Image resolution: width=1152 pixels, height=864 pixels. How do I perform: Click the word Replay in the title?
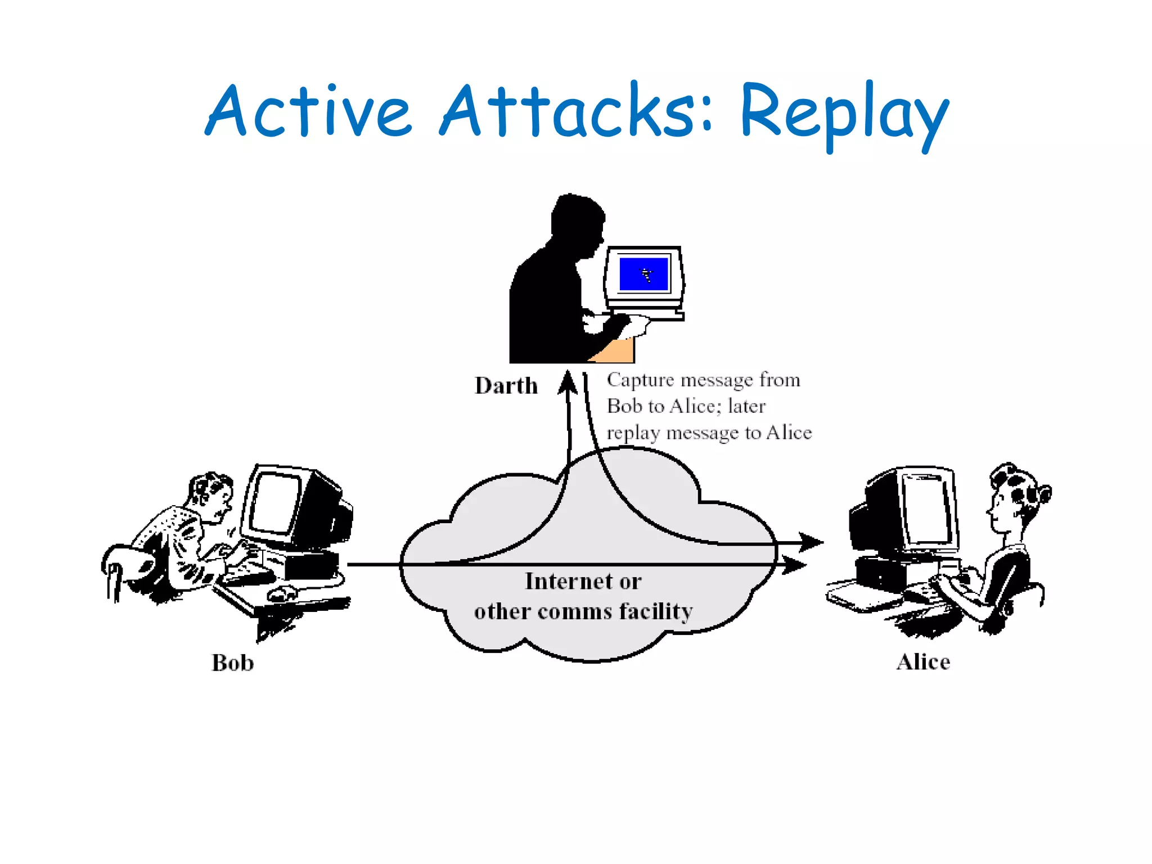844,112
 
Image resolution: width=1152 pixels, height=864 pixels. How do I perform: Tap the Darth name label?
506,386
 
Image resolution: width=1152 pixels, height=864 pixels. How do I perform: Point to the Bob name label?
232,663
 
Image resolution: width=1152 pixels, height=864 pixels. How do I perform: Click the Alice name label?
923,661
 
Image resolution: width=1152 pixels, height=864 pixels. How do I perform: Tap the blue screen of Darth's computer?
643,274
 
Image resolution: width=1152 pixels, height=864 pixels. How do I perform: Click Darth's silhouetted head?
577,219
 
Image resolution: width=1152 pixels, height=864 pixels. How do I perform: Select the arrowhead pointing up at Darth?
568,382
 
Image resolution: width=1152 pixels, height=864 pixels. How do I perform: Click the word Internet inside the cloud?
568,581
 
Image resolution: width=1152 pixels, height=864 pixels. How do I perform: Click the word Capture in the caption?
640,380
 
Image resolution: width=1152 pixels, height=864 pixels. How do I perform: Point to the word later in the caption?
746,406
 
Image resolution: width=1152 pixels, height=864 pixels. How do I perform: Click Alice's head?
1012,495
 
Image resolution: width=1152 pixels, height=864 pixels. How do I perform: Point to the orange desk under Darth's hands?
616,351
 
